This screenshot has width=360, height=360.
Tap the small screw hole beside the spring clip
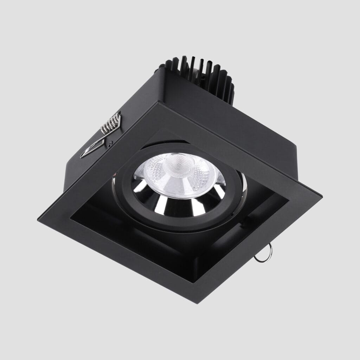pyautogui.click(x=111, y=143)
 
